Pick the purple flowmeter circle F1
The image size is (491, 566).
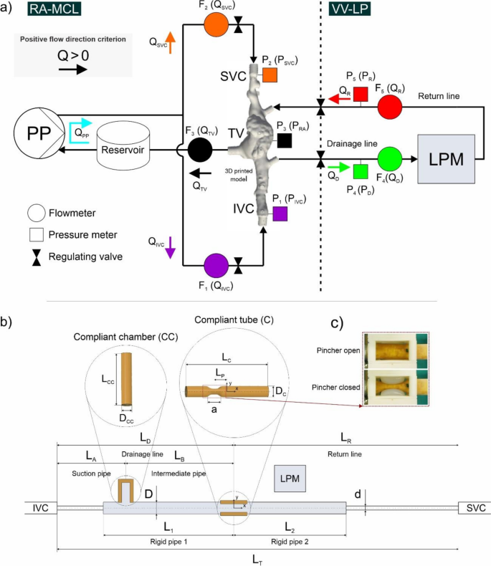click(x=216, y=267)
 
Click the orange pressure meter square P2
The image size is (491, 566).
click(x=270, y=75)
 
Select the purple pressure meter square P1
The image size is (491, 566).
click(x=280, y=214)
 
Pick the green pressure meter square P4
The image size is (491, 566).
click(x=361, y=171)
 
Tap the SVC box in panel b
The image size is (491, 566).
click(x=475, y=508)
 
